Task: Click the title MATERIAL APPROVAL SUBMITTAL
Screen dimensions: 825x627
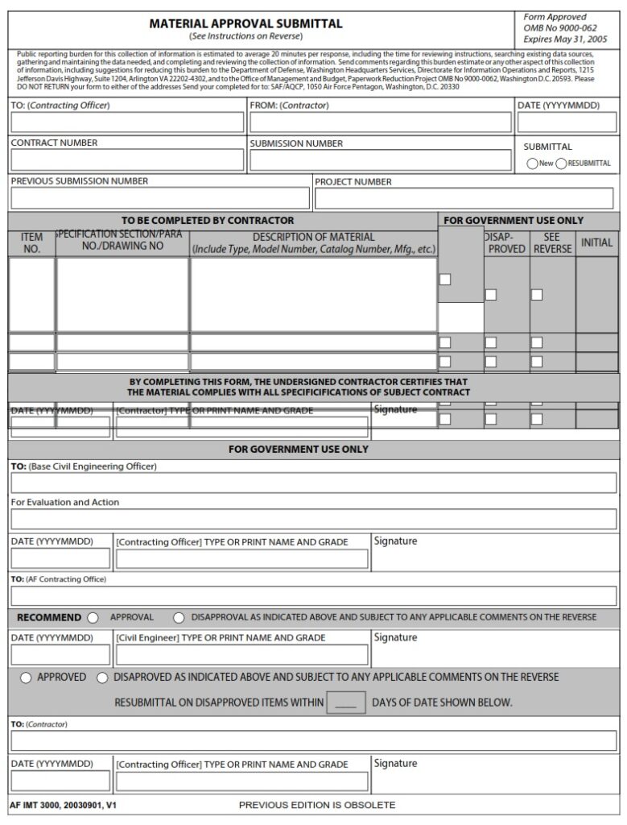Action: click(245, 23)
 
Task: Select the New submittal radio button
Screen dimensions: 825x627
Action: click(532, 164)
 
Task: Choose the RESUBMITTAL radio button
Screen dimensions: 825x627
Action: click(561, 164)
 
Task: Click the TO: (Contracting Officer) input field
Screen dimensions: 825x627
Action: click(127, 122)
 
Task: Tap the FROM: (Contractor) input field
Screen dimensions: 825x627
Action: click(380, 122)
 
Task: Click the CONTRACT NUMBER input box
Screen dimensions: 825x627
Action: click(127, 160)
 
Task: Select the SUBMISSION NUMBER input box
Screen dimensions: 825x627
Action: click(380, 160)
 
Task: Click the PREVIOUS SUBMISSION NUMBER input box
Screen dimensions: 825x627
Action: click(159, 198)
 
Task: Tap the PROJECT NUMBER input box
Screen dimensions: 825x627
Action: click(464, 198)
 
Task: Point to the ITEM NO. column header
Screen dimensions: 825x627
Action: click(31, 243)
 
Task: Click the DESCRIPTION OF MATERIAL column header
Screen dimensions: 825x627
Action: click(313, 243)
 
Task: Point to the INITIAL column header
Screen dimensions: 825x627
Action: click(596, 243)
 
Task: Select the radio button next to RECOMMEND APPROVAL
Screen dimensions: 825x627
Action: click(93, 618)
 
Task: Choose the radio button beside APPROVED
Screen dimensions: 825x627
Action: click(27, 678)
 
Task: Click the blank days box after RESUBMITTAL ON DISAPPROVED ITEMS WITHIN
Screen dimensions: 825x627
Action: click(346, 703)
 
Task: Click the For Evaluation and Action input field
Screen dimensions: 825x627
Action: click(313, 519)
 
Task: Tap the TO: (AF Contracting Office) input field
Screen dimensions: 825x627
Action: click(313, 596)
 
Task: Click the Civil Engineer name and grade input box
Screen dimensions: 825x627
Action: click(241, 654)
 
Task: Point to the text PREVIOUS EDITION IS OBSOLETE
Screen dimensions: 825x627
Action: click(317, 805)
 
